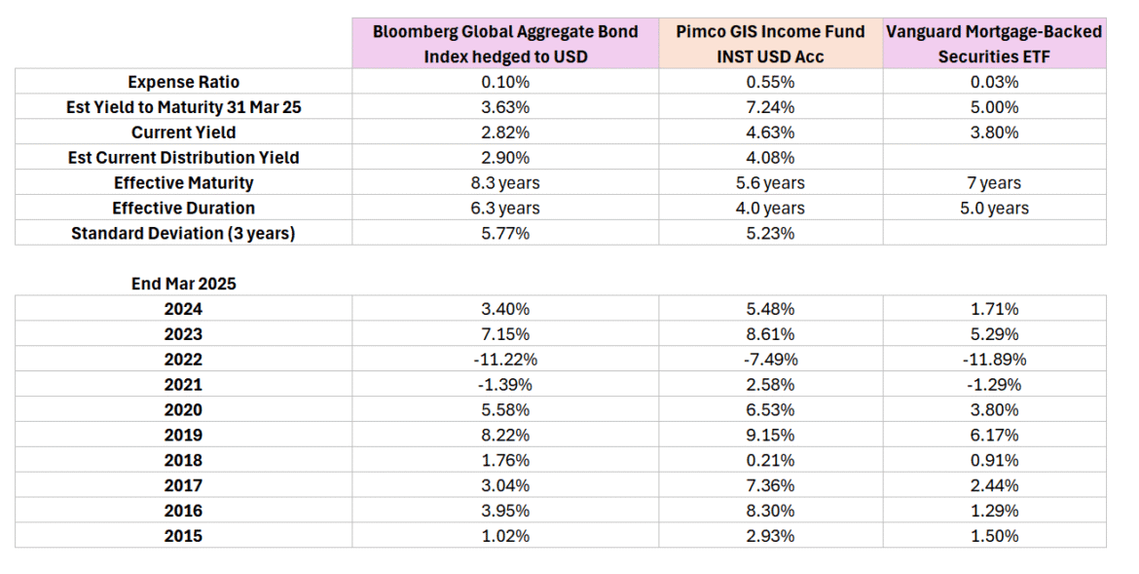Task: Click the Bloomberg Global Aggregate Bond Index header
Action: [505, 44]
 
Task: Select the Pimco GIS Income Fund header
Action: [770, 44]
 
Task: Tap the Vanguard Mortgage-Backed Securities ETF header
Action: [994, 44]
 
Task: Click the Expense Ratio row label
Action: [183, 82]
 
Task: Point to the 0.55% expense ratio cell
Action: [770, 82]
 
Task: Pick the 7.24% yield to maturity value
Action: [770, 107]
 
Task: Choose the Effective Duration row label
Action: [183, 208]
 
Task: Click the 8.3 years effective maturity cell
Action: [505, 182]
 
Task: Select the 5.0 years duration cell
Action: [994, 208]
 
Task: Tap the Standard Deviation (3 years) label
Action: [183, 233]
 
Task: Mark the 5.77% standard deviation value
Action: [505, 233]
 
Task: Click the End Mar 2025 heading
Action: [183, 284]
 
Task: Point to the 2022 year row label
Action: [183, 359]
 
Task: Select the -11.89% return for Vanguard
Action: [994, 359]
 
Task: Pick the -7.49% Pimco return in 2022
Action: [770, 359]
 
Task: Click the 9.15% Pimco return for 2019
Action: [770, 435]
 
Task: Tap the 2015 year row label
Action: [183, 535]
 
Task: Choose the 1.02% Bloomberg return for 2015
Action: [505, 535]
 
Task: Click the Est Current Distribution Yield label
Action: [183, 157]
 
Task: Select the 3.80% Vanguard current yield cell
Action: [994, 133]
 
